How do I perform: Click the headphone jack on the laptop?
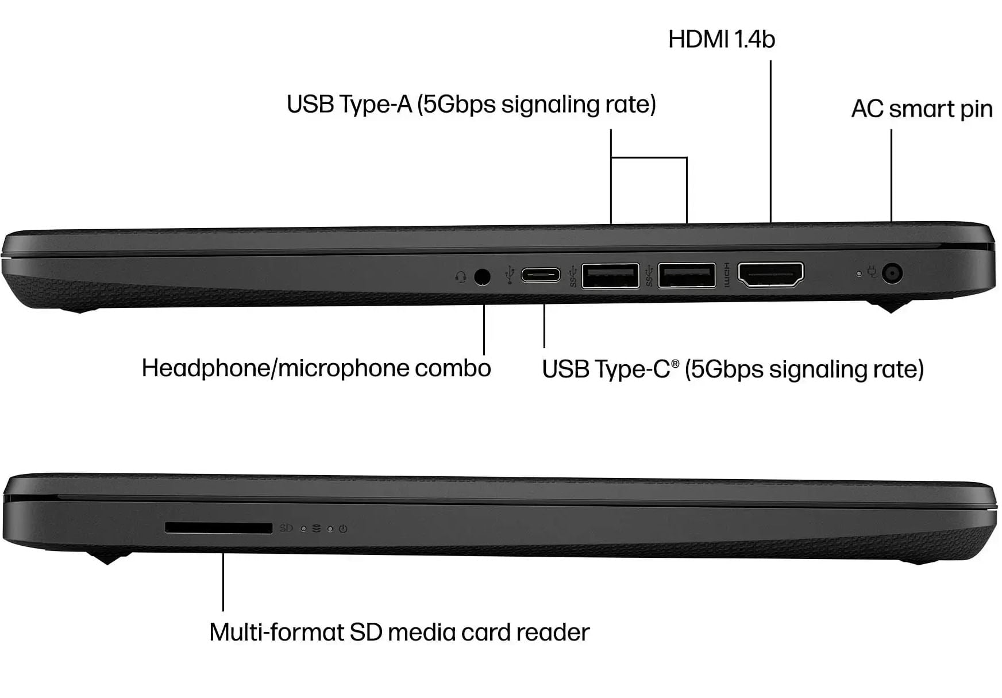click(x=483, y=277)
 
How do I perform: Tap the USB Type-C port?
click(x=541, y=275)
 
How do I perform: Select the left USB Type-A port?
click(x=610, y=276)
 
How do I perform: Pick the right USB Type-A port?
click(x=687, y=275)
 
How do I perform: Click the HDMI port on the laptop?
click(x=770, y=274)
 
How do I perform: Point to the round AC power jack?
click(x=891, y=273)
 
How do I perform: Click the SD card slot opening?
click(x=218, y=528)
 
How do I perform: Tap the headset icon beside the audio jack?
click(x=460, y=277)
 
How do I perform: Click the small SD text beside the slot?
click(x=286, y=528)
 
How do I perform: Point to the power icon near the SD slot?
click(x=343, y=529)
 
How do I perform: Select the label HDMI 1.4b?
click(x=722, y=39)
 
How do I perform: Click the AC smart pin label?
click(x=922, y=109)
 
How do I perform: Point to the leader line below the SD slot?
click(x=223, y=582)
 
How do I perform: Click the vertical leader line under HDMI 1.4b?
click(x=770, y=141)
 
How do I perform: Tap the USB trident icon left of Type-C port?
click(x=509, y=275)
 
